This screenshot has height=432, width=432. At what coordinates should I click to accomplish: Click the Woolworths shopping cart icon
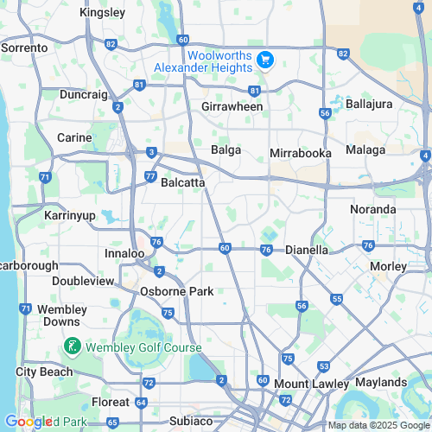pos(265,60)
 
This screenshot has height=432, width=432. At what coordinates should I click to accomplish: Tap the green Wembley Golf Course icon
pos(73,347)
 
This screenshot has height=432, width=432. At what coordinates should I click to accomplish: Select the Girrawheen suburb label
pos(232,107)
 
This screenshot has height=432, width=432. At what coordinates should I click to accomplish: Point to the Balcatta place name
pos(182,183)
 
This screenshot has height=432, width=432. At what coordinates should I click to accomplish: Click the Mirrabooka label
pos(301,152)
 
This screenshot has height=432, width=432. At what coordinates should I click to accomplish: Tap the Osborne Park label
pos(176,292)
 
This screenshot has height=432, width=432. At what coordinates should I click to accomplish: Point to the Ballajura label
pos(368,105)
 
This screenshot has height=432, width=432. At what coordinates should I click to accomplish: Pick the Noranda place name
pos(373,210)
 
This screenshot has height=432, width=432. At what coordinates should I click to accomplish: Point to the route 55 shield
pos(336,298)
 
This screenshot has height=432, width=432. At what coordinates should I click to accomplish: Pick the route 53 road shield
pos(323,367)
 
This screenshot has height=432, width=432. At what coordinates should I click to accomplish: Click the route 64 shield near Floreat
pos(141,403)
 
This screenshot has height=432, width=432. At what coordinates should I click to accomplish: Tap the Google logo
pos(29,422)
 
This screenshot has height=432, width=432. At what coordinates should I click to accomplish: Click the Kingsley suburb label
pos(101,13)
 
